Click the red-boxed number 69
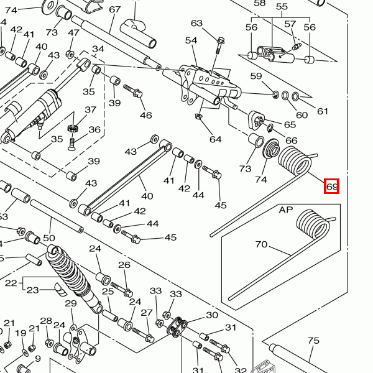[x=331, y=186]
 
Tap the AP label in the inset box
[x=285, y=210]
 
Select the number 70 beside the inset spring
[x=261, y=244]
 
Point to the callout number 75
[x=313, y=340]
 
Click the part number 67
[x=115, y=9]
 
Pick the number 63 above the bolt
[x=197, y=24]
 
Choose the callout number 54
[x=190, y=40]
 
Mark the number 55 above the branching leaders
[x=282, y=7]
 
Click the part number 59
[x=256, y=76]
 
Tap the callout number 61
[x=322, y=111]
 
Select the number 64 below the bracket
[x=215, y=139]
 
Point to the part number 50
[x=49, y=237]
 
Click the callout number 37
[x=91, y=110]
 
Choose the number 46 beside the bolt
[x=145, y=115]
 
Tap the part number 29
[x=70, y=303]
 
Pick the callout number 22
[x=11, y=283]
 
